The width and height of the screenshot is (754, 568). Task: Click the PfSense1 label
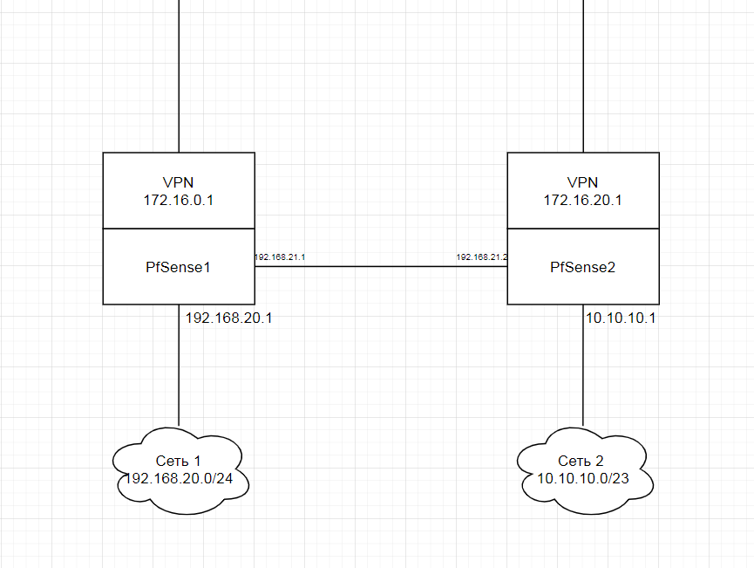(x=178, y=267)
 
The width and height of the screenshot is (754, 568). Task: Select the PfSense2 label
(x=582, y=267)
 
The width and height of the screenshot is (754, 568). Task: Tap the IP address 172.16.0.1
(x=178, y=200)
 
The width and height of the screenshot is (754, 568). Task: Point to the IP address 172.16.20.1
(x=582, y=200)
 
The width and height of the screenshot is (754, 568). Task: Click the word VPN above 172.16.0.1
(x=178, y=182)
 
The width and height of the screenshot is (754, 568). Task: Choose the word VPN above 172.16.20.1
(x=582, y=182)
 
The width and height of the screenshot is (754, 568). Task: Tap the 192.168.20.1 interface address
(x=229, y=318)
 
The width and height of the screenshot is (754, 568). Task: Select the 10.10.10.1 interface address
(x=621, y=318)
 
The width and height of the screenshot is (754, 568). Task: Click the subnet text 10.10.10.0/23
(x=582, y=478)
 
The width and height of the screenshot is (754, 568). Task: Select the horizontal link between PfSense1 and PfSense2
(x=380, y=267)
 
